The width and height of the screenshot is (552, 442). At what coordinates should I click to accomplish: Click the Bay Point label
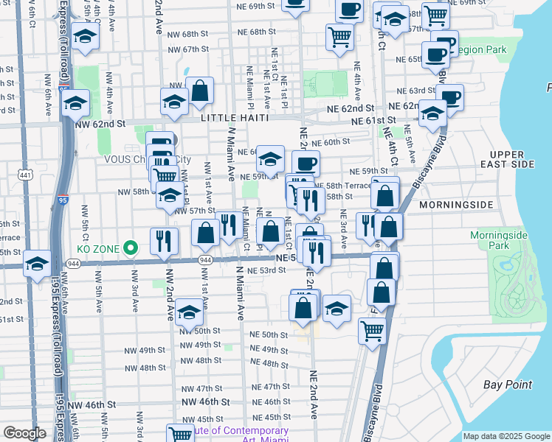point(508,385)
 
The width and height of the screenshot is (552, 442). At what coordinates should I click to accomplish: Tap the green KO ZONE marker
point(130,248)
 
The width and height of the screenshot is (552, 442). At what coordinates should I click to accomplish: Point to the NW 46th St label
point(92,404)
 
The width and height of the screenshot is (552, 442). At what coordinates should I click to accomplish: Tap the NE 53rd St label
point(266,270)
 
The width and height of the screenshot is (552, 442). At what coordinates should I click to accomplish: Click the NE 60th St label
point(331,142)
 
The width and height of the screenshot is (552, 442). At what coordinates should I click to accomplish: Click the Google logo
point(24,433)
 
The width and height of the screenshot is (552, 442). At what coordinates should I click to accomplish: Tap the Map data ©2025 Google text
point(506,436)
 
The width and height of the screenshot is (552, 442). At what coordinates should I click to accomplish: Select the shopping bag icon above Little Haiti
point(200,92)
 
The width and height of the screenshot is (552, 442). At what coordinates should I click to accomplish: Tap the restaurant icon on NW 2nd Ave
point(164,240)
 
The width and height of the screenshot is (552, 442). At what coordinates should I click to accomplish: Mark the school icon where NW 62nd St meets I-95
point(75,105)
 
